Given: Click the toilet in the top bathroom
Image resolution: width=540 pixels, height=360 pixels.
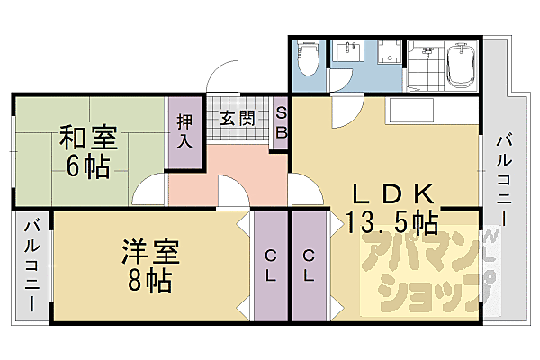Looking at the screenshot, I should click(x=306, y=60).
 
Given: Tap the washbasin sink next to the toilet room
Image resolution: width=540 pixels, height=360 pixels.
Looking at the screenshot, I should click(x=346, y=53).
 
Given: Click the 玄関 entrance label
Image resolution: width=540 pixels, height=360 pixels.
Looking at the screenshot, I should click(x=237, y=118).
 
